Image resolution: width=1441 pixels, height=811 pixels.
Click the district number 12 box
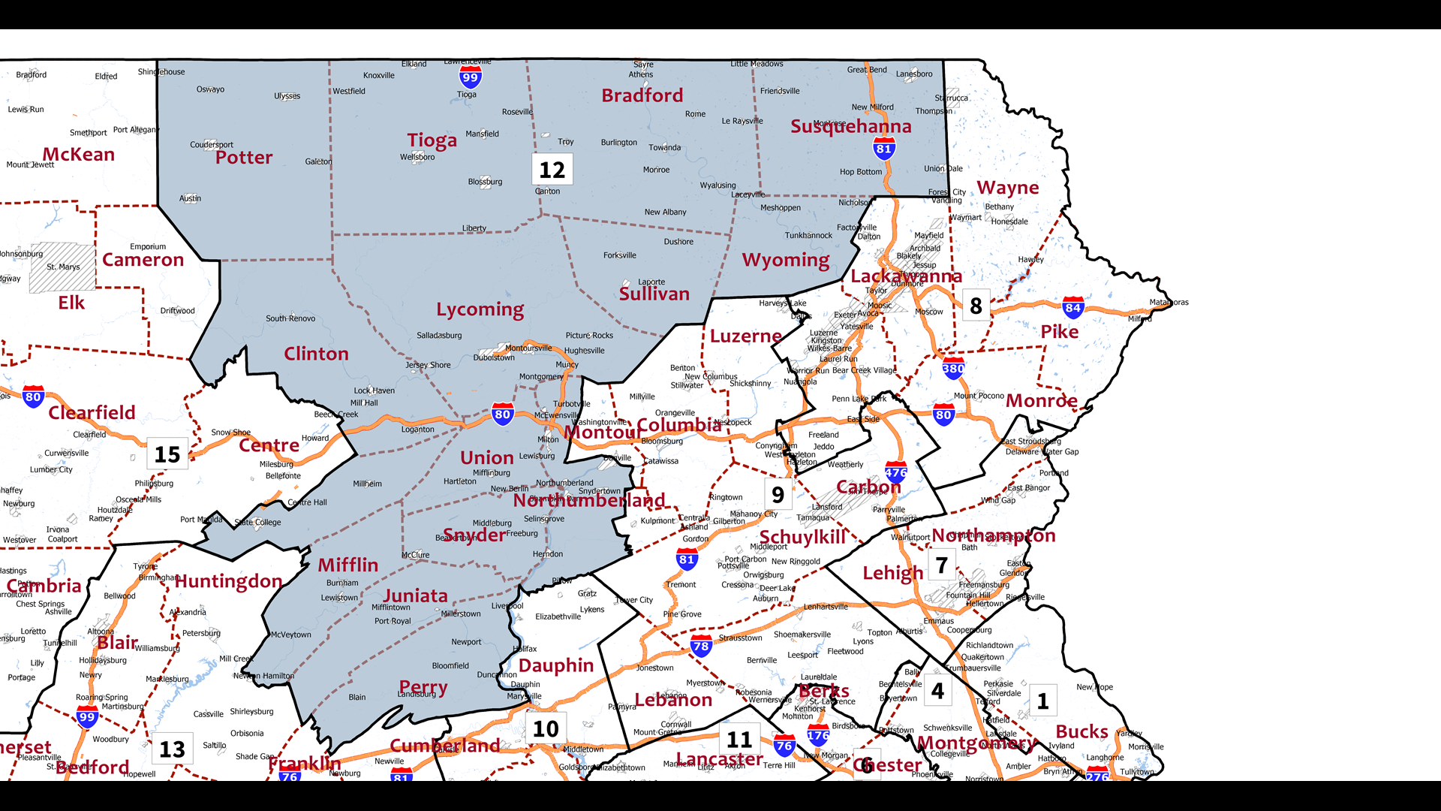pos(552,170)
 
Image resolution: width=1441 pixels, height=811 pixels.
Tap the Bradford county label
pos(642,95)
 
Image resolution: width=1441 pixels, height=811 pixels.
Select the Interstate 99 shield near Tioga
pos(470,77)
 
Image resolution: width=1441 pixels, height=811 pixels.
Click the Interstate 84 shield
pos(1072,307)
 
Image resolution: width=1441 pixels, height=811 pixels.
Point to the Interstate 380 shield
pos(953,368)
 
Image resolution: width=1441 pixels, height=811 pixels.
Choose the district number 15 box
pos(167,454)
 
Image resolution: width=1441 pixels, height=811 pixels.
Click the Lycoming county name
pos(480,309)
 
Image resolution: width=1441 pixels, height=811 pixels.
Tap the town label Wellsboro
pos(417,157)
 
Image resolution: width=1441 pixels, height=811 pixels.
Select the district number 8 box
pos(976,306)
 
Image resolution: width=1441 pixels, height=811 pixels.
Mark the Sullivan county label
pos(654,294)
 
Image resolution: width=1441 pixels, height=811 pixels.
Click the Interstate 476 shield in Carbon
pos(896,472)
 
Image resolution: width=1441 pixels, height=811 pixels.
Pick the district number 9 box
pos(778,494)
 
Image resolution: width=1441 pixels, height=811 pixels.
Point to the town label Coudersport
pos(212,144)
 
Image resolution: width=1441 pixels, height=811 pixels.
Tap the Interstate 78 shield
pos(701,646)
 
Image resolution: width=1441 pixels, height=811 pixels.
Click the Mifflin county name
pos(347,565)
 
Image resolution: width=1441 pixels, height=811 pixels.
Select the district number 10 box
pos(546,728)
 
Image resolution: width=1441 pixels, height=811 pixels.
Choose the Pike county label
pos(1059,331)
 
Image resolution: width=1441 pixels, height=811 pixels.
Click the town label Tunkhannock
pos(808,235)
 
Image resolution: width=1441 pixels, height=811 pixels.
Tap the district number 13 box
pos(172,749)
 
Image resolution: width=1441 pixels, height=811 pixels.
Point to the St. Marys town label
pos(63,267)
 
